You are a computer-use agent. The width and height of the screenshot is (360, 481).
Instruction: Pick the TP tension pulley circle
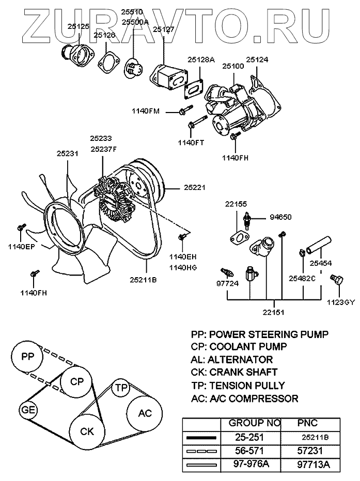pyautogui.click(x=121, y=387)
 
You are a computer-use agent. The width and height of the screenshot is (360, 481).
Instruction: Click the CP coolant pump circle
pyautogui.click(x=76, y=382)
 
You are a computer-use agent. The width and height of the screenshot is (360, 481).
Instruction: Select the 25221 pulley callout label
pyautogui.click(x=195, y=188)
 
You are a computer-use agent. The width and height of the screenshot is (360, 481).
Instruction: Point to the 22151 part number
pyautogui.click(x=273, y=312)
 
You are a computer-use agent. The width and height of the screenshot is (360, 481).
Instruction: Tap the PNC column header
pyautogui.click(x=311, y=423)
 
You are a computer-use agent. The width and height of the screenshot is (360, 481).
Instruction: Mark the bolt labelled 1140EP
pyautogui.click(x=21, y=227)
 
